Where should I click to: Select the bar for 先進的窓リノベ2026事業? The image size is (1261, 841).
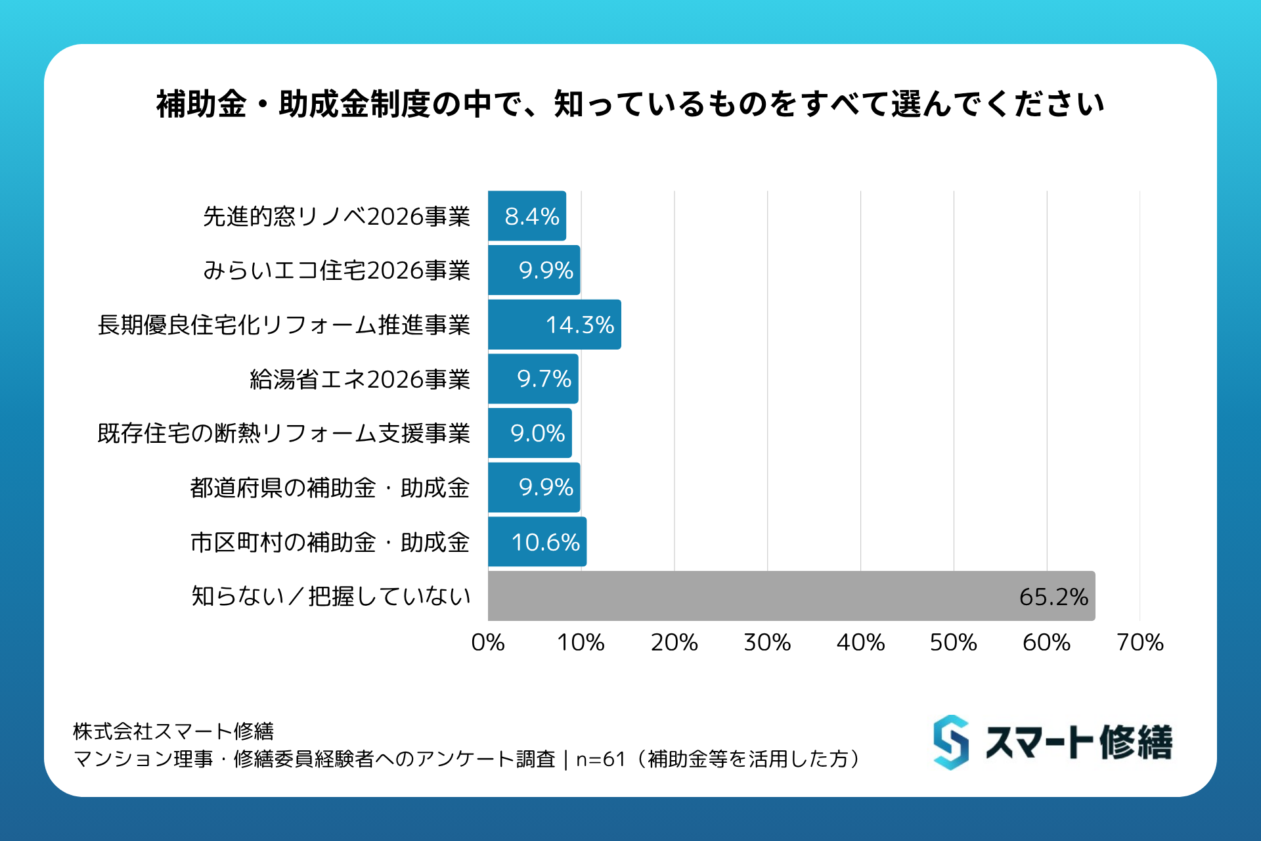tap(527, 216)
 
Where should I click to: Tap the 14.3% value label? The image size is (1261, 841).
tap(580, 325)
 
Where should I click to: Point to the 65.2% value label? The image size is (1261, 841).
tap(1053, 597)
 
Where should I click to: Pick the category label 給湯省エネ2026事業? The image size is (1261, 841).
tap(360, 379)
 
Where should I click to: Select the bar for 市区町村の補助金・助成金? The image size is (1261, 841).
tap(537, 542)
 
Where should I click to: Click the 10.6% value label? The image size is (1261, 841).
tap(545, 542)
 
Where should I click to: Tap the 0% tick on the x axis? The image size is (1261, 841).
tap(488, 642)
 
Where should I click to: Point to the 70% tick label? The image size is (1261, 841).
tap(1139, 642)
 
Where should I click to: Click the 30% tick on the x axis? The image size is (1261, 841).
tap(767, 642)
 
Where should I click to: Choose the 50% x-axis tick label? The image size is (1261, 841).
tap(953, 642)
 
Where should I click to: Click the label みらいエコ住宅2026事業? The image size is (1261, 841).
tap(336, 270)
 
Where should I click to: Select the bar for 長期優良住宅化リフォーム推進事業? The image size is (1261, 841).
tap(554, 325)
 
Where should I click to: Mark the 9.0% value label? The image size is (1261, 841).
tap(537, 433)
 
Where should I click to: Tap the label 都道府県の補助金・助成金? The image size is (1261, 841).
tap(330, 488)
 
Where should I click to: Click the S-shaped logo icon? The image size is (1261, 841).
tap(951, 742)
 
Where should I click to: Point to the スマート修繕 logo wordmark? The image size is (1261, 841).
tap(1078, 742)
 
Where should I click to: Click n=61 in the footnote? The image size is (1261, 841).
tap(600, 759)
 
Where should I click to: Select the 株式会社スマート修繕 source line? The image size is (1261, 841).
tap(173, 731)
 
